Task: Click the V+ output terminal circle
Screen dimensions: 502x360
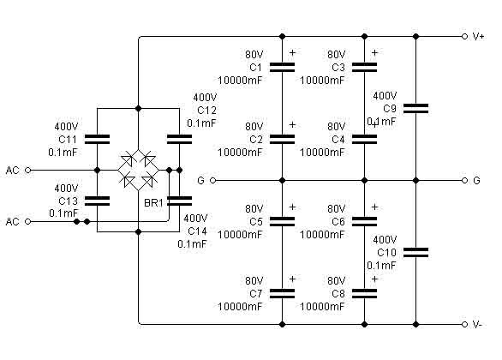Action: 464,37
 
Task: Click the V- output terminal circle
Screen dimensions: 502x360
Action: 464,325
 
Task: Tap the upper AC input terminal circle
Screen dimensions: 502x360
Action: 28,170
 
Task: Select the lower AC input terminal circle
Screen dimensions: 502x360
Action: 28,221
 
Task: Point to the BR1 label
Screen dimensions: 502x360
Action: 153,203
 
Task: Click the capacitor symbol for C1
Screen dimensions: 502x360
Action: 282,67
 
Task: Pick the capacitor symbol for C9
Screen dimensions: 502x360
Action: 415,108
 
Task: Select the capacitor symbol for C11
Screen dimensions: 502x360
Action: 97,140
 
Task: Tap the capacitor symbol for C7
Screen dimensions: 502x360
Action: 282,293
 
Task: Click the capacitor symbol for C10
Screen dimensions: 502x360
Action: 415,252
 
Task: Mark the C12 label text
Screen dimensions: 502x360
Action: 206,111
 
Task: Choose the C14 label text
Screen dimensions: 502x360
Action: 198,231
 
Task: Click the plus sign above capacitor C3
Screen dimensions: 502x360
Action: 374,52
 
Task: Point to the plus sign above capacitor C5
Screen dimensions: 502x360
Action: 292,207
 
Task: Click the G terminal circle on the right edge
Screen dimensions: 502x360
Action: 464,181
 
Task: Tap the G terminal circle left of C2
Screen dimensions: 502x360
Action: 213,181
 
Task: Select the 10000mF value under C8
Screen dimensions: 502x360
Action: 322,307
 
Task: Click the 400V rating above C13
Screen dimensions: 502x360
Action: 66,188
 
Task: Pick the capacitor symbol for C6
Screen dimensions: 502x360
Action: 364,221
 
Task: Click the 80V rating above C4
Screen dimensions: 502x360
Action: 336,127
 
